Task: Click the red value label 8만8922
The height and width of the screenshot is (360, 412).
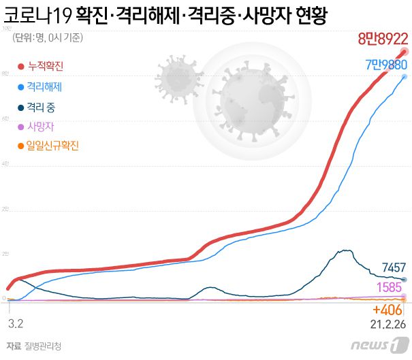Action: (x=383, y=39)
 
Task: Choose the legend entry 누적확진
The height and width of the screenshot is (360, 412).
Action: (x=44, y=66)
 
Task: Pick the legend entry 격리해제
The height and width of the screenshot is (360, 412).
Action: (x=44, y=86)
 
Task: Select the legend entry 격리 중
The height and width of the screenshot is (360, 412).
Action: (x=43, y=106)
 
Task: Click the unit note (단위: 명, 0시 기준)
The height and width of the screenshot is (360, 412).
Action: (x=48, y=38)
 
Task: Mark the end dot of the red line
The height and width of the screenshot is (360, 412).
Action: (x=405, y=51)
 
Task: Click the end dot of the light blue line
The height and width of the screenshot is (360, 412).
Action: (x=405, y=76)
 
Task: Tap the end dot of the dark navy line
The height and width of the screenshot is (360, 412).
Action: (x=405, y=280)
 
